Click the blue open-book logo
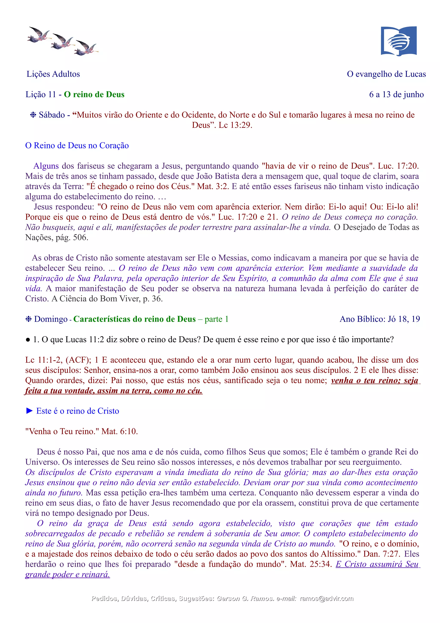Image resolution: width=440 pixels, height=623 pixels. pos(399,41)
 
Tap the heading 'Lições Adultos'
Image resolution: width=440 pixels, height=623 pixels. pos(53,74)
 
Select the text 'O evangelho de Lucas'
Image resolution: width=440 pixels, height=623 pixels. pos(386,74)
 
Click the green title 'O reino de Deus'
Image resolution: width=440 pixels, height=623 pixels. pos(94,94)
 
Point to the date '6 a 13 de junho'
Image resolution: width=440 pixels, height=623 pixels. pos(396,94)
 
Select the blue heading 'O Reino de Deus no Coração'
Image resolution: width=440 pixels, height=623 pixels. pos(77,146)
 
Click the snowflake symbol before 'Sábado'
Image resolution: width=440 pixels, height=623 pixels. pos(33,115)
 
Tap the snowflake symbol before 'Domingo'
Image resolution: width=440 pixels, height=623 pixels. pos(28,319)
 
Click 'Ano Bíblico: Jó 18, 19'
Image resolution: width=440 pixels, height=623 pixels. pos(380,319)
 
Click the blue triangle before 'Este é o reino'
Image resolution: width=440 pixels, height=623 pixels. pos(29,411)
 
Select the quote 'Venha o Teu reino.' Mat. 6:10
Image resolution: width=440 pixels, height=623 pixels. pos(81,431)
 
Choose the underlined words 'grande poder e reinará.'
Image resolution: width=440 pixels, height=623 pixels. pos(67,574)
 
